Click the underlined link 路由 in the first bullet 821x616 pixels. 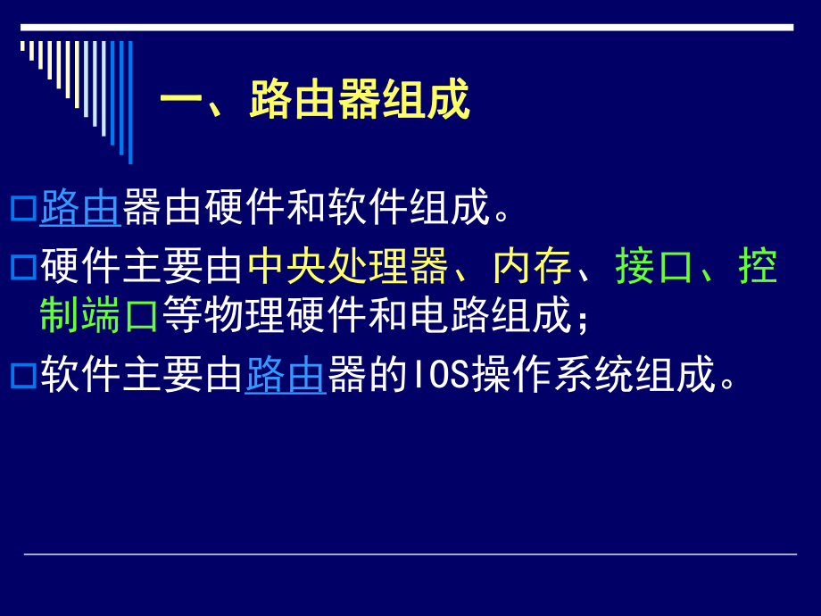(80, 207)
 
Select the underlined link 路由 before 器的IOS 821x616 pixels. (285, 376)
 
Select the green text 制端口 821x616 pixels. (99, 315)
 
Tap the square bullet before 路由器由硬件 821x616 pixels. (24, 209)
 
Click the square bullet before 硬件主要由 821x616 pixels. (24, 267)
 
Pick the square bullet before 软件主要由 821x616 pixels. (24, 376)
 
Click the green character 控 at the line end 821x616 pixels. (759, 267)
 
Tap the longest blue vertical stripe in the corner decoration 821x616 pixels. (130, 102)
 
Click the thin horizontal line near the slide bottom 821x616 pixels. (410, 554)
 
